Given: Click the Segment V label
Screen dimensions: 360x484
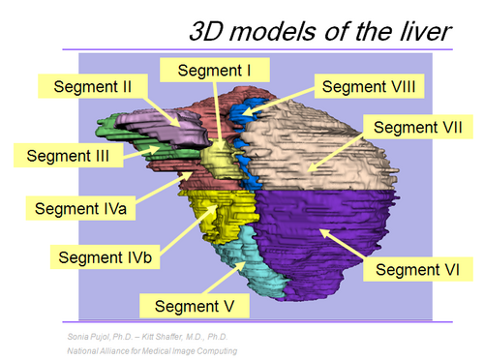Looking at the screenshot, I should pos(194,306).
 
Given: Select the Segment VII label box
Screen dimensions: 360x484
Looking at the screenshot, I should pos(416,128).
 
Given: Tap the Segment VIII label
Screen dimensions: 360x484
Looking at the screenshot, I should pos(368,86).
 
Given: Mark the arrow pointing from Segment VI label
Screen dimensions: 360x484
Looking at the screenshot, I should pos(343,243).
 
